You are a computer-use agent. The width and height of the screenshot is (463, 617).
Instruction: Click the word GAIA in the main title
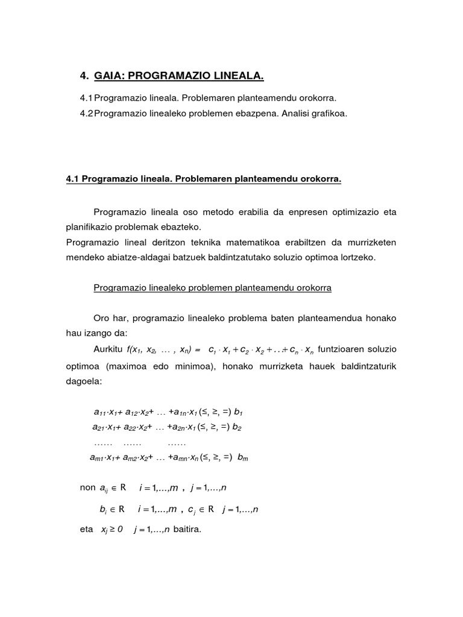coord(109,76)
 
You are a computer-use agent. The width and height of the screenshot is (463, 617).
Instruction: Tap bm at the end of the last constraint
coord(243,457)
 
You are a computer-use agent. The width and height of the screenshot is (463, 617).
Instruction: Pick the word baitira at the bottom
coord(188,530)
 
